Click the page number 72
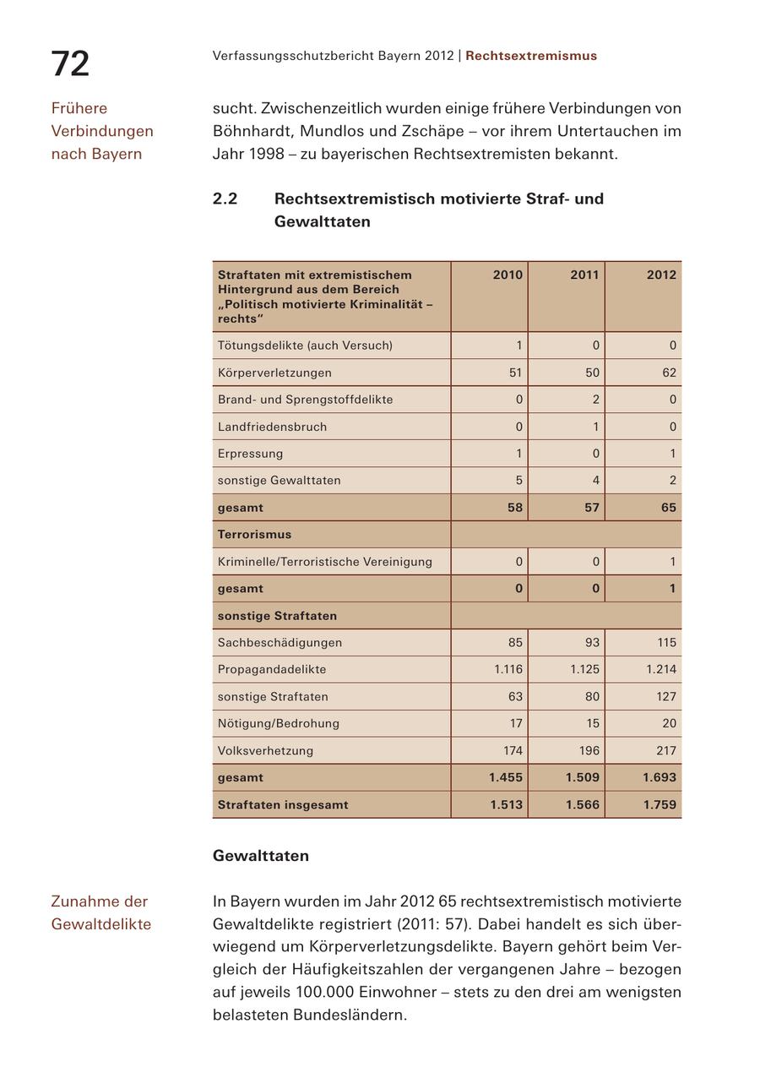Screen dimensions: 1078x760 coord(70,64)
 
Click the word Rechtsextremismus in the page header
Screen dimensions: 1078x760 coord(531,56)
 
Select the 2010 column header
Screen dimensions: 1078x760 coord(508,275)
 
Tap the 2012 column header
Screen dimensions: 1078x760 coord(661,275)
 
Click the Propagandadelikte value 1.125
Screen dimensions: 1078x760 coord(584,669)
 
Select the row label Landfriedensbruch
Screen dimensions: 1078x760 coord(272,427)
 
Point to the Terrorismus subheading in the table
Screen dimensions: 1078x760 coord(254,534)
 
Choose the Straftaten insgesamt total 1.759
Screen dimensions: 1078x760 coord(660,804)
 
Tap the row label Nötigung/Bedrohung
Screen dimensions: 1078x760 coord(279,723)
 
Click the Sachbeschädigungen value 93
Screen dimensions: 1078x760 coord(592,642)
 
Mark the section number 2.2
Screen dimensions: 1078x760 coord(225,199)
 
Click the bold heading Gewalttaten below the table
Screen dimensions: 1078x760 coord(261,856)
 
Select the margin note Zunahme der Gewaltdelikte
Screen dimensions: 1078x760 coord(100,912)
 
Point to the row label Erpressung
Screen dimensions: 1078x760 coord(250,454)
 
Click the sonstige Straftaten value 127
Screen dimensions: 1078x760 coord(665,696)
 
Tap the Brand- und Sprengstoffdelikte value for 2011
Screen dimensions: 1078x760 coord(595,400)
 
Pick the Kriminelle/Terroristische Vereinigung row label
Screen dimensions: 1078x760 coord(324,562)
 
